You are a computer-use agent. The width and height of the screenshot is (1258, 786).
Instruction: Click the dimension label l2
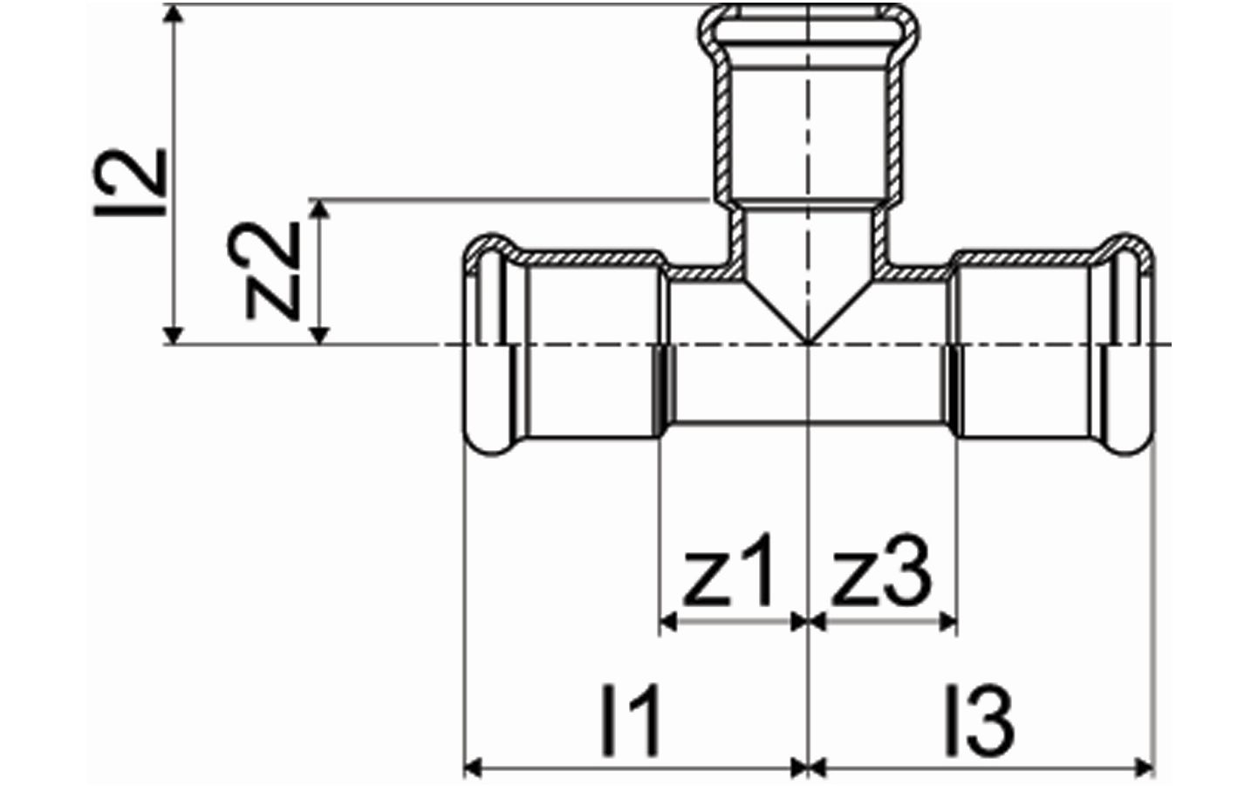coord(130,182)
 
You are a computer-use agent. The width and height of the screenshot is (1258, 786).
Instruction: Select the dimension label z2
coord(264,271)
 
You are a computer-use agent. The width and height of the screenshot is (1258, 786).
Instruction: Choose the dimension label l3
coord(980,721)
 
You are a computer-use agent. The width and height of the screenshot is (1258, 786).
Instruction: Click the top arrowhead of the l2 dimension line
coord(174,13)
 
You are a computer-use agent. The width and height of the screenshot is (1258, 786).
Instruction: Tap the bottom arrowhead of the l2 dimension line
coord(174,335)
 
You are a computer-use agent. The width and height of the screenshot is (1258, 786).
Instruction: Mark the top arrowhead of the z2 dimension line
coord(319,208)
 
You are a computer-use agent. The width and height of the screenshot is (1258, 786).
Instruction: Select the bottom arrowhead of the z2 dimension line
coord(319,335)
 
